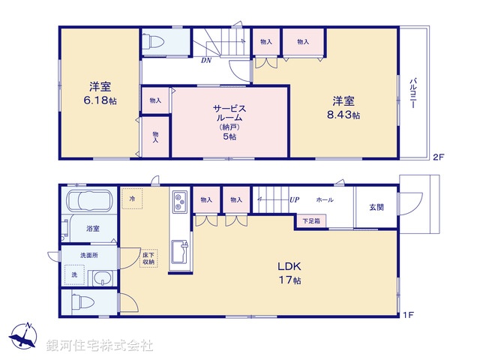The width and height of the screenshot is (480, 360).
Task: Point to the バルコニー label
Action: [412, 94]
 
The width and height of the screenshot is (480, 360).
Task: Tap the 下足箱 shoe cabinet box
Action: [310, 220]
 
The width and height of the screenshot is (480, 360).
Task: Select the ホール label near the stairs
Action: [325, 200]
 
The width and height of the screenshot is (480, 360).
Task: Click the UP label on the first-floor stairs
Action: [295, 200]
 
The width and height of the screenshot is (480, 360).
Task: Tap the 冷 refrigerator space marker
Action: [133, 199]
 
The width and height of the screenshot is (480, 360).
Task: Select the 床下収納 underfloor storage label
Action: [148, 259]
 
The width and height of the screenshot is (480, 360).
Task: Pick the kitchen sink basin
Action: [180, 251]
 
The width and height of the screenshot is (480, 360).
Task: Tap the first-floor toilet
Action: [82, 302]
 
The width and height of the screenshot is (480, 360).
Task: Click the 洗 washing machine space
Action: [74, 276]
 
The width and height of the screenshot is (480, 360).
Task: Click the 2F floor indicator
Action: [438, 156]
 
